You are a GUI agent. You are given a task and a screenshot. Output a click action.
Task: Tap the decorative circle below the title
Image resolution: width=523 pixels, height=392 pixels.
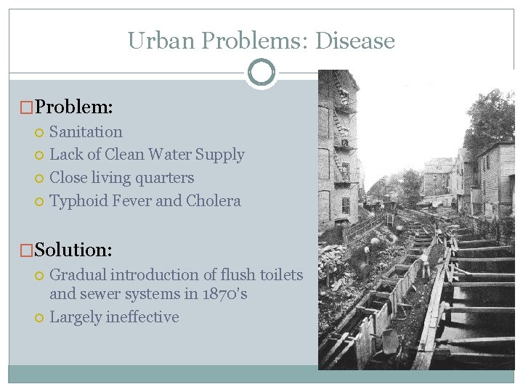261,73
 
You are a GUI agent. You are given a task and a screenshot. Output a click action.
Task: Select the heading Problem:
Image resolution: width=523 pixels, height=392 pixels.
73,107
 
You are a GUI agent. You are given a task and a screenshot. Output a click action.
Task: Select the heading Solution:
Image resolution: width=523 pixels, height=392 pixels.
73,250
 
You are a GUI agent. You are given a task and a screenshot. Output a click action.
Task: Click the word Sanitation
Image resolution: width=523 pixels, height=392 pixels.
86,131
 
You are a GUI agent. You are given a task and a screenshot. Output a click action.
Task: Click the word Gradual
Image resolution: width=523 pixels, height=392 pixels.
78,275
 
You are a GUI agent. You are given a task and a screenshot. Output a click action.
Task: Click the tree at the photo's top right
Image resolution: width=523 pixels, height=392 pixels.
493,116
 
